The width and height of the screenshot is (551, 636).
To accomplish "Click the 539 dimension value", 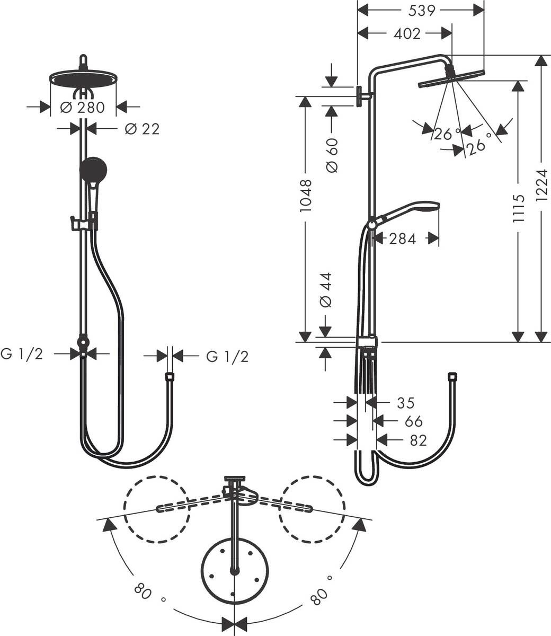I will pyautogui.click(x=422, y=10).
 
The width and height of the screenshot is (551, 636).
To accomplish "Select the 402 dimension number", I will pyautogui.click(x=407, y=33).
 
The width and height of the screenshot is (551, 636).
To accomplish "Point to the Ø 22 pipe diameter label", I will pyautogui.click(x=142, y=128).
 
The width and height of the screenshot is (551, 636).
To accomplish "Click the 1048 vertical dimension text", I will pyautogui.click(x=306, y=196).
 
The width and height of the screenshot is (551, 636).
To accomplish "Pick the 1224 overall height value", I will pyautogui.click(x=540, y=186).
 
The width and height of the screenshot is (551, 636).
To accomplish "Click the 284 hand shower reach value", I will pyautogui.click(x=403, y=239).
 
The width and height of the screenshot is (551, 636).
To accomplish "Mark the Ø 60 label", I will pyautogui.click(x=332, y=155).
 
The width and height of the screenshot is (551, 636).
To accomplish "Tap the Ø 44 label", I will pyautogui.click(x=326, y=291).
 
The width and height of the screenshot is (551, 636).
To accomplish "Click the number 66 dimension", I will pyautogui.click(x=413, y=421).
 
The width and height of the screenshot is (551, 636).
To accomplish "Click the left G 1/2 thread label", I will pyautogui.click(x=22, y=354).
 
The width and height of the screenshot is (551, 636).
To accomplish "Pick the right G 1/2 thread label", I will pyautogui.click(x=227, y=357).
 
